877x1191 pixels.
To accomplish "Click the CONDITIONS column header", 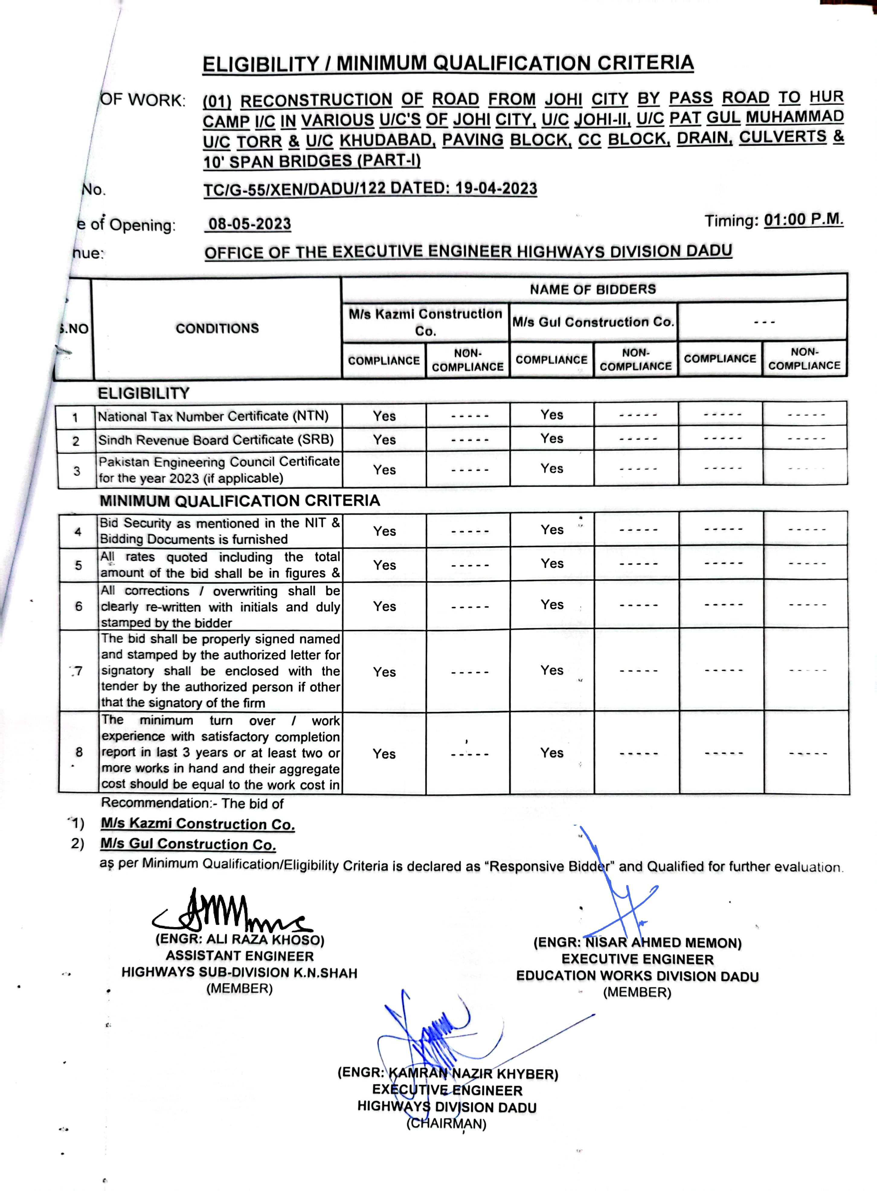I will [x=217, y=329].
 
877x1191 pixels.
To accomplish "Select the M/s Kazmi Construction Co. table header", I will [x=425, y=322].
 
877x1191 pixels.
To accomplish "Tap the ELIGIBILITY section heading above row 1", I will [x=143, y=393].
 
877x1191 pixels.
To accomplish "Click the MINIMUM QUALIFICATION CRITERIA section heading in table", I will [x=240, y=501].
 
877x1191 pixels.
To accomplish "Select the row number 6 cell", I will [x=79, y=606].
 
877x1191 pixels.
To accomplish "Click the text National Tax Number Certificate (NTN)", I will [x=213, y=416].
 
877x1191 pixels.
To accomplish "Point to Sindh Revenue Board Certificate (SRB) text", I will [x=216, y=440].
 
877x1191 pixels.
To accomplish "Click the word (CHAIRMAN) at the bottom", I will [x=446, y=1124].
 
